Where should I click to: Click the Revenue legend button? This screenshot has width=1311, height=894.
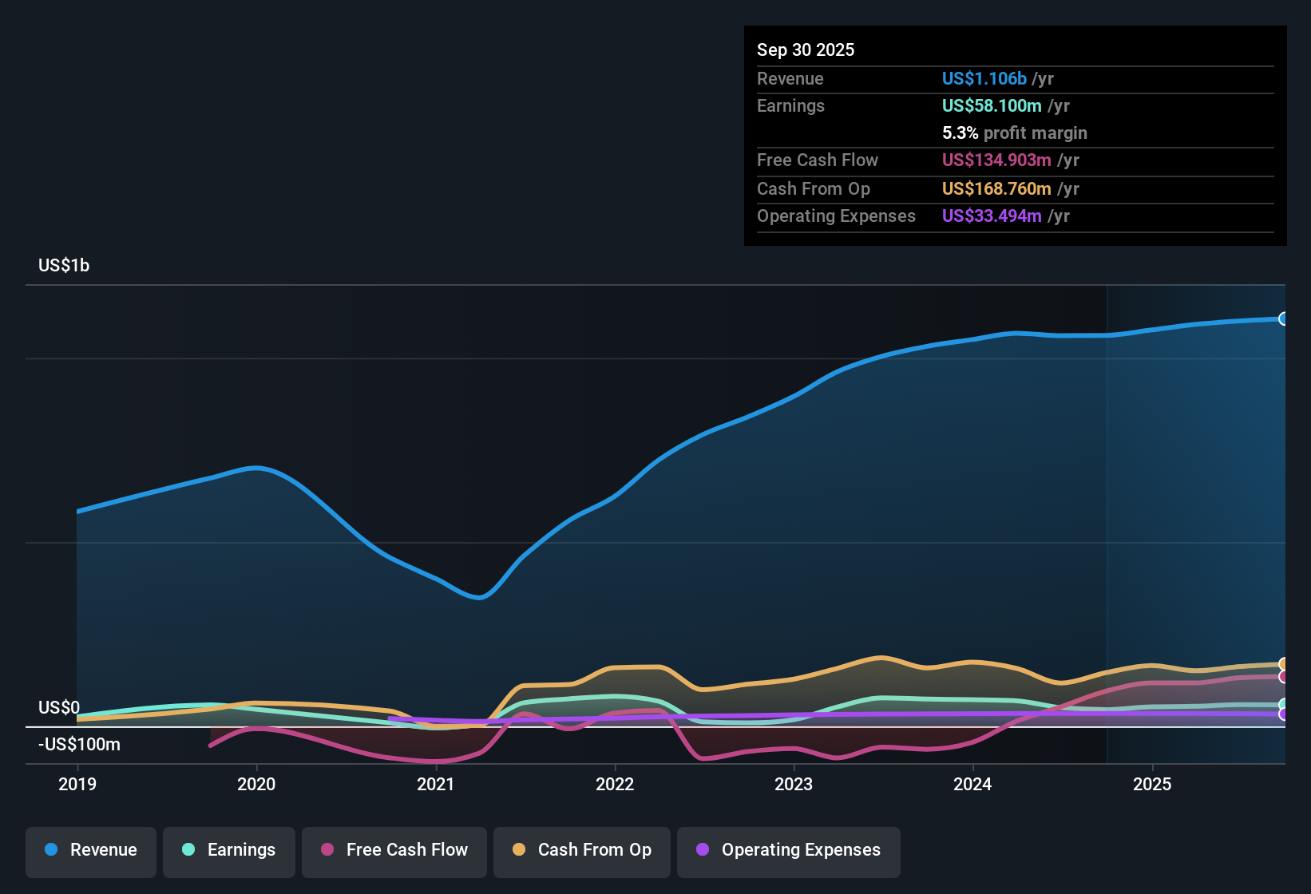tap(91, 850)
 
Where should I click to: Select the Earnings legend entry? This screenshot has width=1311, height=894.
tap(229, 850)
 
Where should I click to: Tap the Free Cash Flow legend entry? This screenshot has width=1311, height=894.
tap(394, 850)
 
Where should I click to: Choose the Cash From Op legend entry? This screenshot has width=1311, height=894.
tap(582, 850)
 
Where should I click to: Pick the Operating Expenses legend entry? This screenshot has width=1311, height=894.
tap(789, 850)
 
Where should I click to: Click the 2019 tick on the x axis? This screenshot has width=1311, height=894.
tap(77, 784)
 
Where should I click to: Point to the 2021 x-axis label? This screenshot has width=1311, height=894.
tap(436, 784)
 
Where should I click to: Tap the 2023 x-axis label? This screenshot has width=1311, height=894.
tap(794, 784)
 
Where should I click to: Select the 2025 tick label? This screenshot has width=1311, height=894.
tap(1152, 784)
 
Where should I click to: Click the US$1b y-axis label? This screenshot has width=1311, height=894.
tap(64, 266)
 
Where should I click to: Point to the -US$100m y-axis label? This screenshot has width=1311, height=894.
tap(80, 745)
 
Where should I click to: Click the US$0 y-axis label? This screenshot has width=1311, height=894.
tap(59, 708)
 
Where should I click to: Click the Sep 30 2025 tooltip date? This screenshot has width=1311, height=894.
tap(806, 50)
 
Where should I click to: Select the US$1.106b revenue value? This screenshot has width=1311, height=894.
tap(984, 79)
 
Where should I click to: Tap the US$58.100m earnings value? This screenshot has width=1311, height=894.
tap(992, 106)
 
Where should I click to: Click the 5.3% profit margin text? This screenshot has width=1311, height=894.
tap(1014, 133)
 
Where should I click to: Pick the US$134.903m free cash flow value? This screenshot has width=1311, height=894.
tap(996, 160)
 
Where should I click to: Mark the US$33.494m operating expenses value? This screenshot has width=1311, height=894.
tap(992, 216)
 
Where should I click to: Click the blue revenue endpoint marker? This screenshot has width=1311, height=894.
tap(1283, 319)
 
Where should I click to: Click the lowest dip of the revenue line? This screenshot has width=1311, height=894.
tap(479, 597)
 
